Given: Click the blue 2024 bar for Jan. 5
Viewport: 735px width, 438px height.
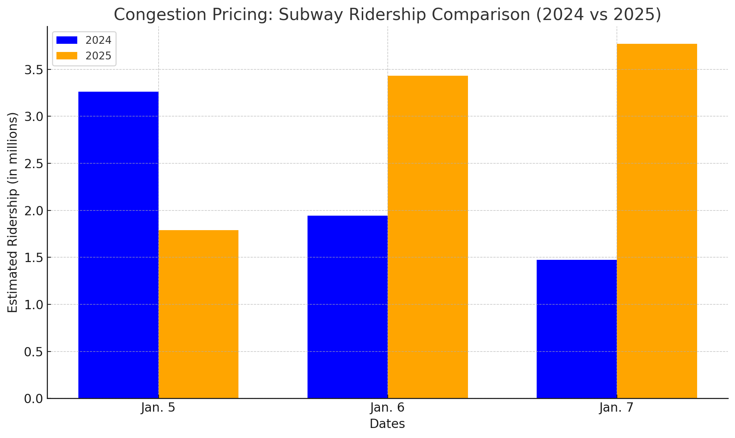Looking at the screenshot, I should click(118, 245).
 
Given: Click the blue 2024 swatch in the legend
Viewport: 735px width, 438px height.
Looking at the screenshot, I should click(67, 40).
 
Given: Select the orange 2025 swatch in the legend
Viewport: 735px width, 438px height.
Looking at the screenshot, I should click(67, 56).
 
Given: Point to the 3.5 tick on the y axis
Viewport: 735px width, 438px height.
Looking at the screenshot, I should click(34, 70).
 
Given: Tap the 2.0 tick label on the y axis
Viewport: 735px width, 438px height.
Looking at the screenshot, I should click(34, 211).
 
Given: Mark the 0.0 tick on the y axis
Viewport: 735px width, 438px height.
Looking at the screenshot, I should click(34, 399).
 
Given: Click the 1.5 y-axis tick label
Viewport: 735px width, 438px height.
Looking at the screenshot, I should click(34, 258).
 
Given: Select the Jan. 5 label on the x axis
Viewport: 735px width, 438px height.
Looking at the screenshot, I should click(158, 408).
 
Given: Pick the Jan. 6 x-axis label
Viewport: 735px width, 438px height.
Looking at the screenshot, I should click(387, 408).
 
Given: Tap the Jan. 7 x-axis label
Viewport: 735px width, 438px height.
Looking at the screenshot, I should click(617, 408).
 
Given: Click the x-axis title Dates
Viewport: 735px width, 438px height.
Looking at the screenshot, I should click(387, 424).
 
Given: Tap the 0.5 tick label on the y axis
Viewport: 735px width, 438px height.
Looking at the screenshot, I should click(34, 352).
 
